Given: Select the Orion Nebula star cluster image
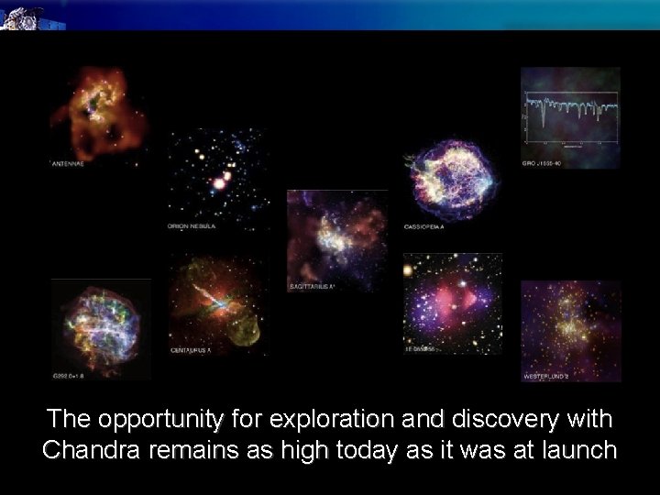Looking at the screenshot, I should coord(217,174).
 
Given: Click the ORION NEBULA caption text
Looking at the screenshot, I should coord(192,226).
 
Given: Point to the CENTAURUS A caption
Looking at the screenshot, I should coord(192,349).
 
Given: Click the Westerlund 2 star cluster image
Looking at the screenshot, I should coord(570,325).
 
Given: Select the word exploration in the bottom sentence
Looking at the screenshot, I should coord(340,420).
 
